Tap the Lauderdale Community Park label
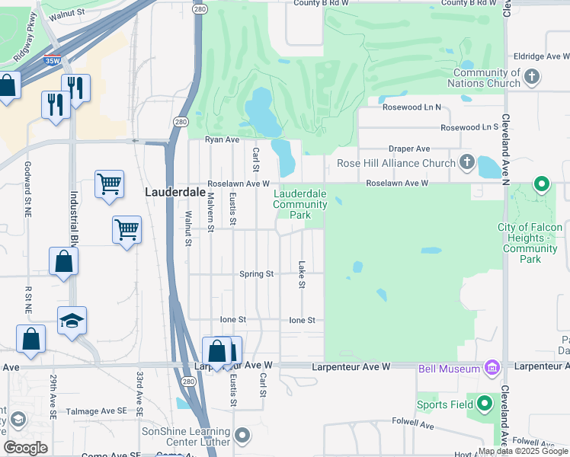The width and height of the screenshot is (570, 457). click(299, 204)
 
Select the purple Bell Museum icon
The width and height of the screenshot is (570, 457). click(492, 369)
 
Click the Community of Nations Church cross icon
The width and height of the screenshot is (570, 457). click(532, 76)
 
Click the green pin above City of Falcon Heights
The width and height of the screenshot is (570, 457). click(542, 184)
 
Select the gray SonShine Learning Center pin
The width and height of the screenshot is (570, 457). click(242, 436)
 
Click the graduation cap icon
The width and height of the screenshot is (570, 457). click(72, 321)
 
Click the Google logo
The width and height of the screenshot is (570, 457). click(25, 448)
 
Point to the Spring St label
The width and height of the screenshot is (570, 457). click(256, 274)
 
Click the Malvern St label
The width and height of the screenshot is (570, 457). click(210, 211)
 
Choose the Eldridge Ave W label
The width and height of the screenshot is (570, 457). click(540, 56)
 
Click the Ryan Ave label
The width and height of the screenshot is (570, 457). click(223, 140)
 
